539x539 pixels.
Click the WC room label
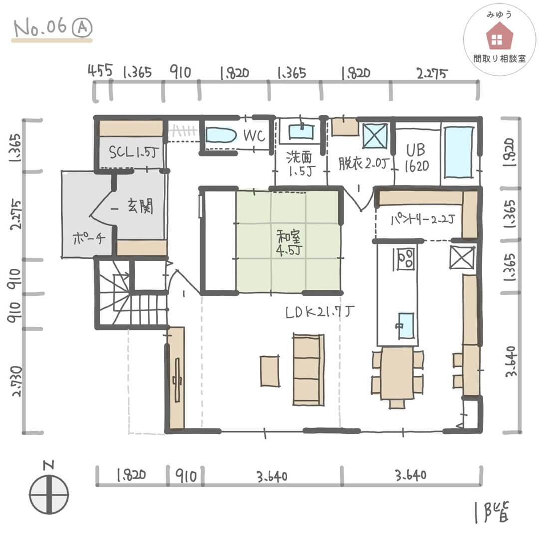254,136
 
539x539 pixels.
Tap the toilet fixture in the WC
221,135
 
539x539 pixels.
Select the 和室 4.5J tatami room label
289,243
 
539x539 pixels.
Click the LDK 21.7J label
319,312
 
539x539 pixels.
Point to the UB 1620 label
417,158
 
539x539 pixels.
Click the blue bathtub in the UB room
459,152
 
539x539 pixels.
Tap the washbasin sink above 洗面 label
301,132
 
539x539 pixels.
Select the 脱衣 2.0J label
364,163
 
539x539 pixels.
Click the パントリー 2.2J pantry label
423,219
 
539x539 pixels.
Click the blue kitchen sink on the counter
406,325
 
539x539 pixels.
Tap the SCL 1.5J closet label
134,152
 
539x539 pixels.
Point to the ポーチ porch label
89,237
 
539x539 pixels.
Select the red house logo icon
499,36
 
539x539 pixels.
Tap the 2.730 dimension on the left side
17,381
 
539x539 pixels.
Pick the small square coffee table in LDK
269,371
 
